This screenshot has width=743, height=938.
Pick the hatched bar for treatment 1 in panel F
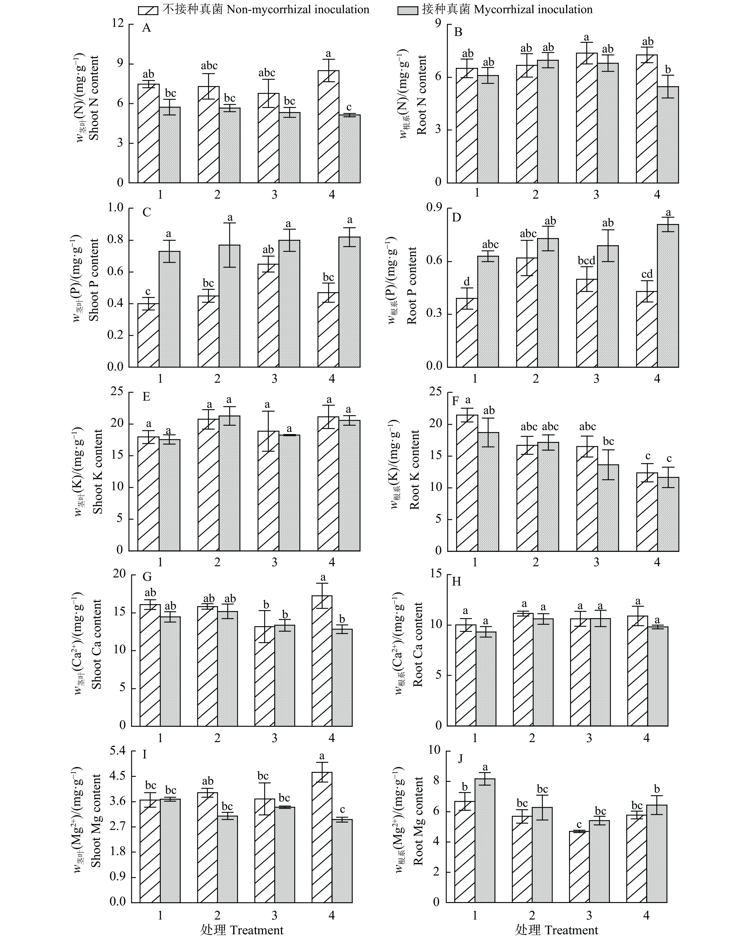pos(467,483)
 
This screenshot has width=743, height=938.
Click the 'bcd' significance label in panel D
pos(586,261)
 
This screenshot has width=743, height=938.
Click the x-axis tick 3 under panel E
pos(274,562)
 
